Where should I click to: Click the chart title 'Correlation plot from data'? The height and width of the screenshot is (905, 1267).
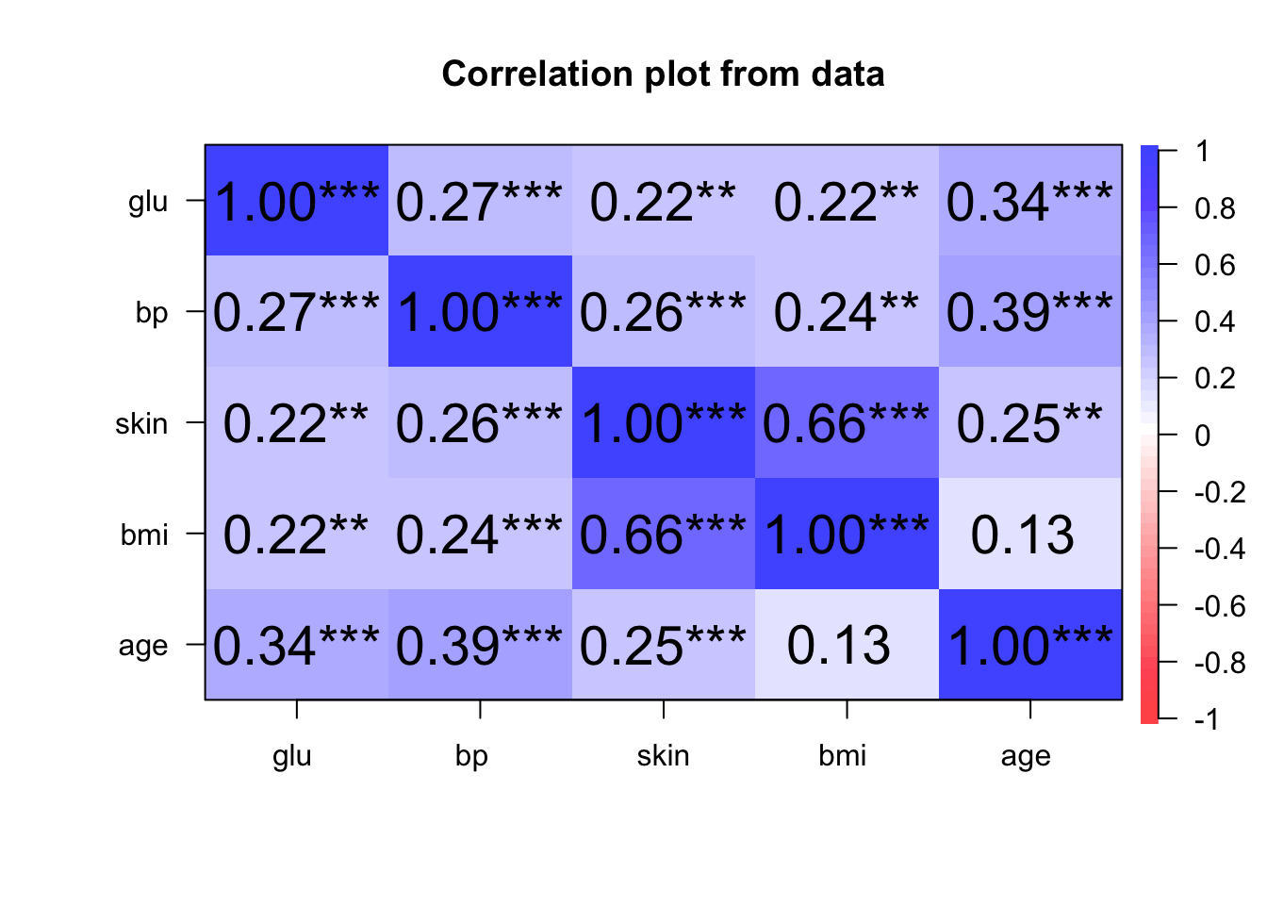[663, 74]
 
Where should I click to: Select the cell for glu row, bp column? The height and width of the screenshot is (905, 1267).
[480, 201]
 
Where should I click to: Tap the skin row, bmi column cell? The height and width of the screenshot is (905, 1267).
[847, 422]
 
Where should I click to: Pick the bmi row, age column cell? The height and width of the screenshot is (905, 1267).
[1030, 534]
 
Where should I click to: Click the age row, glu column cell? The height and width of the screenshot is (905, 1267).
[297, 645]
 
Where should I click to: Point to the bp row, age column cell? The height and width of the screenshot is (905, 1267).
[1030, 311]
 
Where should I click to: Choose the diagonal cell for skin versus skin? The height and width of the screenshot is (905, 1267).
[664, 422]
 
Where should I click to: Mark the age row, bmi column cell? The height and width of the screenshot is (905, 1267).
[847, 645]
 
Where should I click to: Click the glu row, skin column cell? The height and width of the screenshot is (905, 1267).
[664, 201]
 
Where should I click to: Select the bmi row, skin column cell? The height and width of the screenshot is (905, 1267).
[664, 534]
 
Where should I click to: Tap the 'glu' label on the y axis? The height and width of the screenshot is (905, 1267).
[148, 202]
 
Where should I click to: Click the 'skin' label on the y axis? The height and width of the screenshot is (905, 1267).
[141, 423]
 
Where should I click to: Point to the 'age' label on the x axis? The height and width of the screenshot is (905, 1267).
[1026, 756]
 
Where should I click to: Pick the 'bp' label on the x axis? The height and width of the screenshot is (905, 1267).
[471, 756]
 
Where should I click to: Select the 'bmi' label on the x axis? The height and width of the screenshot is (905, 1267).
[842, 756]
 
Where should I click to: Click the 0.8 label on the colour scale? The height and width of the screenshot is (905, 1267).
[1215, 208]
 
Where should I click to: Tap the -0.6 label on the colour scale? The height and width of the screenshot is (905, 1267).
[1219, 606]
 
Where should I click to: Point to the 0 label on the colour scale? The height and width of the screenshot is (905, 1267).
[1203, 436]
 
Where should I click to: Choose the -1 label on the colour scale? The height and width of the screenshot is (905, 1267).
[1207, 720]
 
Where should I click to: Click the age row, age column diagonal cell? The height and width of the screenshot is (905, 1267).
[1030, 645]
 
